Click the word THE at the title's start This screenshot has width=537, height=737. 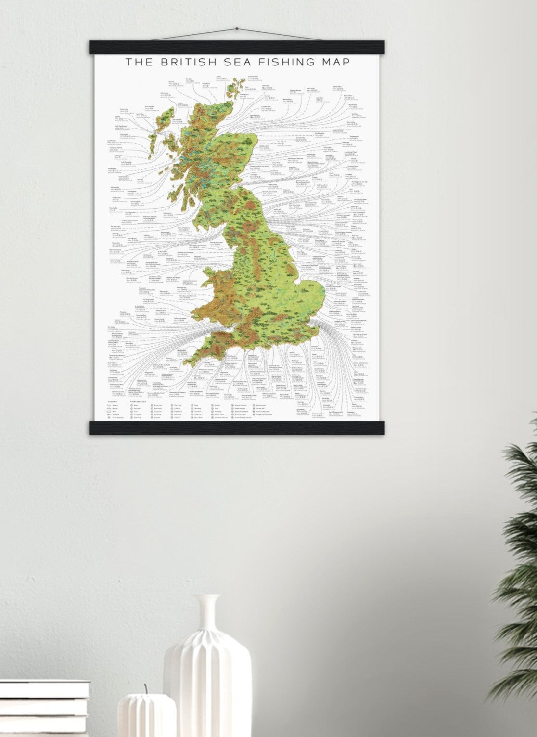pos(138,62)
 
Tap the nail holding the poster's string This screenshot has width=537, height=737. pos(236,29)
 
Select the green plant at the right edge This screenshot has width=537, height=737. pos(520,554)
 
